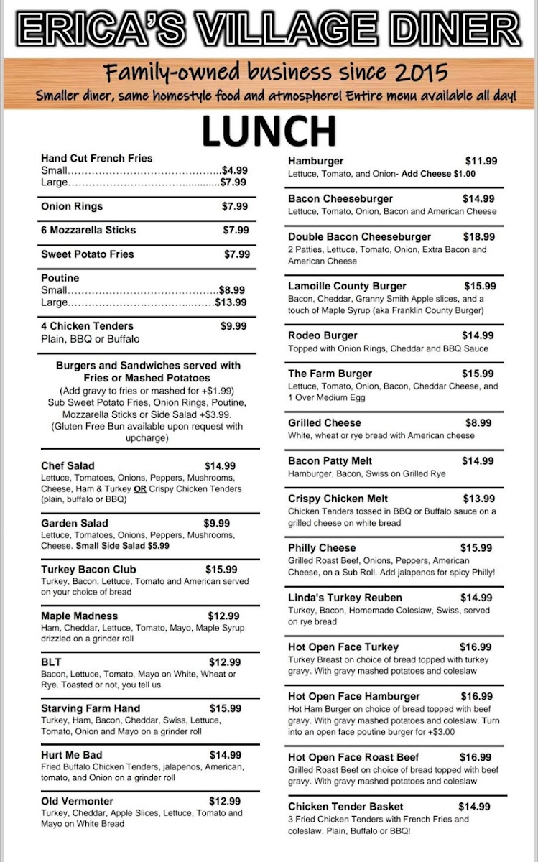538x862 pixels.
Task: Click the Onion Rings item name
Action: pyautogui.click(x=72, y=207)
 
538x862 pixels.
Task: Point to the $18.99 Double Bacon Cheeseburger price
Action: pyautogui.click(x=478, y=237)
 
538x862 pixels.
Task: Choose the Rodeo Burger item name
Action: pyautogui.click(x=323, y=335)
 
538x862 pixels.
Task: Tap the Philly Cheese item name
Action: pyautogui.click(x=322, y=548)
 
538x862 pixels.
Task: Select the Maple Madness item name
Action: pyautogui.click(x=79, y=616)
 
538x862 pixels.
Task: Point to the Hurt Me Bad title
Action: pyautogui.click(x=71, y=755)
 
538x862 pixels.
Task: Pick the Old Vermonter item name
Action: pyautogui.click(x=77, y=801)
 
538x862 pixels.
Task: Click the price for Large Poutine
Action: pyautogui.click(x=231, y=302)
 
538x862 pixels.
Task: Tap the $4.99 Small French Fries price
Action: pyautogui.click(x=234, y=171)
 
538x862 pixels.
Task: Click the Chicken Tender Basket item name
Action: pyautogui.click(x=345, y=807)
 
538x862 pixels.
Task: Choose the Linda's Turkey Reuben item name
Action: pyautogui.click(x=345, y=598)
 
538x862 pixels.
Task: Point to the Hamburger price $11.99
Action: pyautogui.click(x=481, y=162)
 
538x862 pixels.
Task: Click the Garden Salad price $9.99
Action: pyautogui.click(x=217, y=524)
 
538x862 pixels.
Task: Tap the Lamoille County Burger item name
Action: pyautogui.click(x=347, y=286)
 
